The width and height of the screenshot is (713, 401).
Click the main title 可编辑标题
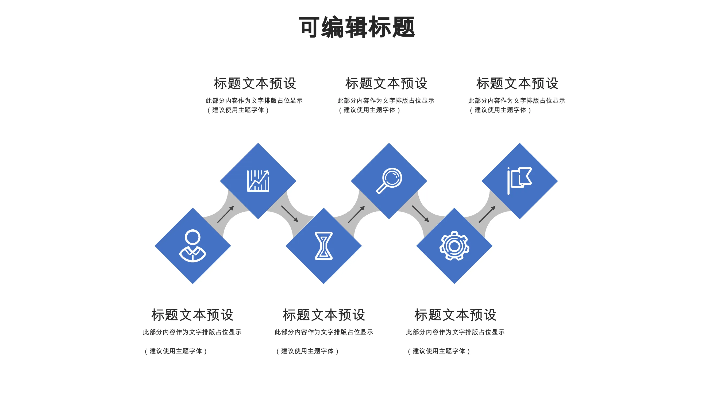[x=357, y=27]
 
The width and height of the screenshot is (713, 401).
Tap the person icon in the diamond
[x=193, y=245]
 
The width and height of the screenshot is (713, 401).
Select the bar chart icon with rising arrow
[x=258, y=181]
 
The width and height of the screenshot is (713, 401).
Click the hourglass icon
[x=323, y=246]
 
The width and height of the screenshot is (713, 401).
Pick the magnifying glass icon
[x=389, y=181]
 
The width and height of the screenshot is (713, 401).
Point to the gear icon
[x=454, y=246]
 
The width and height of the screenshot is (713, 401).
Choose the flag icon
[x=519, y=181]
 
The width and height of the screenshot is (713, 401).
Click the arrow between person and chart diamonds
[x=226, y=214]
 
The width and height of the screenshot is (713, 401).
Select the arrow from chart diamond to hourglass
[x=290, y=214]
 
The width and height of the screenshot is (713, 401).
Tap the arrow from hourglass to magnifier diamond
[x=357, y=214]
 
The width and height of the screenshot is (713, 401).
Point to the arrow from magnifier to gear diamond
[x=421, y=214]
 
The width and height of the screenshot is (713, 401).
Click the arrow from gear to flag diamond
[x=487, y=214]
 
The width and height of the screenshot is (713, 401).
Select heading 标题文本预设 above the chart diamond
[x=255, y=83]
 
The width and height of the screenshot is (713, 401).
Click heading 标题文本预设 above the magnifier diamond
[x=386, y=83]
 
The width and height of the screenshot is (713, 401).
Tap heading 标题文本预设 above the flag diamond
[x=517, y=83]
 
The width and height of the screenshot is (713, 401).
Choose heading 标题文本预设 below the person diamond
[x=192, y=315]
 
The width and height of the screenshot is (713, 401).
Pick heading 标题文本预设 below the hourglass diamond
[x=324, y=315]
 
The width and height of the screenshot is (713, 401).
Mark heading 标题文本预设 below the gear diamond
[x=455, y=315]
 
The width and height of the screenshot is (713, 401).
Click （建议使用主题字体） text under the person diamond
[x=176, y=351]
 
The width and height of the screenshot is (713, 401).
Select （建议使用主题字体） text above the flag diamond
[x=500, y=110]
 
